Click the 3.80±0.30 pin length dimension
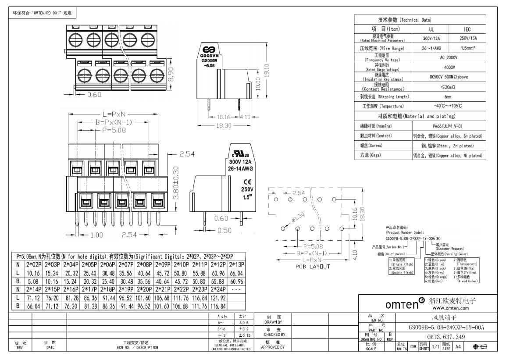[x=176, y=183]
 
